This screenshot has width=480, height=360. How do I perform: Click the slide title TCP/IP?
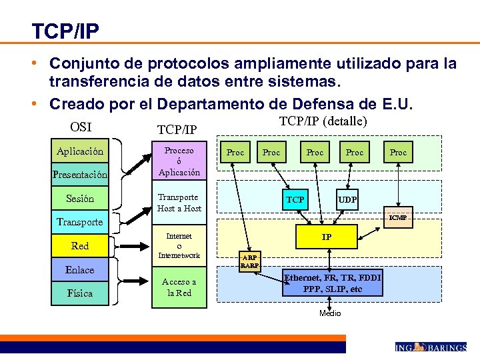coord(65,31)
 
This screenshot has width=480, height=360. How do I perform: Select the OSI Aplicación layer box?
coord(80,151)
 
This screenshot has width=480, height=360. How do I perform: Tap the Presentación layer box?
coord(80,175)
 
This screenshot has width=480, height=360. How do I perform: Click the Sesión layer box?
coord(80,199)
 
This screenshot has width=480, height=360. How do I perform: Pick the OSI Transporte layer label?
coord(80,222)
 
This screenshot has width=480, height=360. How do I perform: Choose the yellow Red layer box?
coord(80,246)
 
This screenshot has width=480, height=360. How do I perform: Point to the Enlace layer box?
coord(80,270)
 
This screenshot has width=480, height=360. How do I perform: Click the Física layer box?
coord(80,293)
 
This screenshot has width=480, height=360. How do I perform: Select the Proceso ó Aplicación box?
coord(179,161)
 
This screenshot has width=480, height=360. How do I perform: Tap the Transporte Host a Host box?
coord(179,203)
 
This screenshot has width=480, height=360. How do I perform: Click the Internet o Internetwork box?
coord(179,245)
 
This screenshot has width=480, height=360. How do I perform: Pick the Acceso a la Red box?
coord(179,287)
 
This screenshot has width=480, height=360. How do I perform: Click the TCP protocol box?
coord(295,200)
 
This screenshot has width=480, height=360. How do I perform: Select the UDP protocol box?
coord(347,200)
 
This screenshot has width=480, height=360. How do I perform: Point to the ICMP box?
coord(399,217)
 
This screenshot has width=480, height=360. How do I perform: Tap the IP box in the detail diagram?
coord(327,237)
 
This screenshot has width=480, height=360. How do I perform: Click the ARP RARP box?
coord(250,261)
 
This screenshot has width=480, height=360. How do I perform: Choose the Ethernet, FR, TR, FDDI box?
coord(333,283)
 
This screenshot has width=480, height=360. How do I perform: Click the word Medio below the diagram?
coord(330,313)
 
